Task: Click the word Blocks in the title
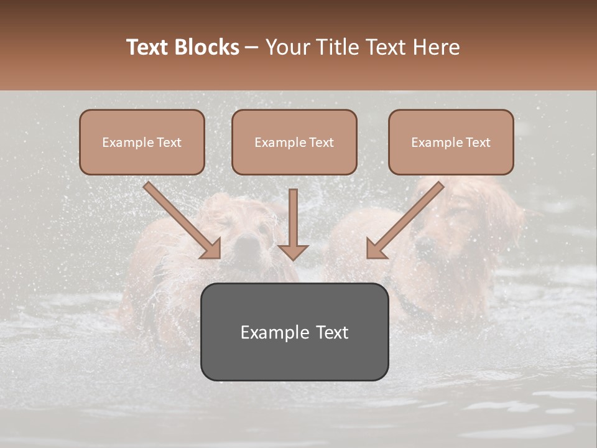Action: (206, 47)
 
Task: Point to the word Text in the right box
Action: (478, 142)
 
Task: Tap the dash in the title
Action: (252, 47)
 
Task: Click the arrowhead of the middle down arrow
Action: (293, 251)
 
